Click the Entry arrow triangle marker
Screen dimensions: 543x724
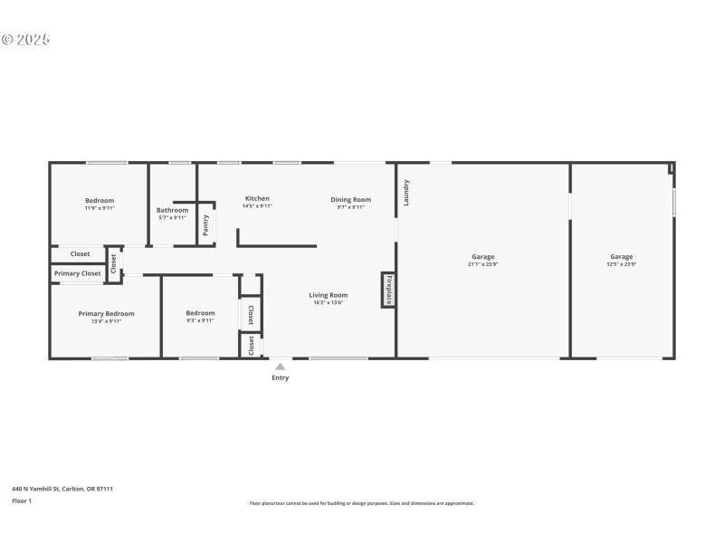[x=281, y=367]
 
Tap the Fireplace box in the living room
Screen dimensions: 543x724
[x=388, y=290]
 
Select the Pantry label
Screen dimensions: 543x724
[x=206, y=225]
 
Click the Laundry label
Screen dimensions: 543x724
[x=406, y=192]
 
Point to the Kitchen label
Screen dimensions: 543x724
[x=257, y=198]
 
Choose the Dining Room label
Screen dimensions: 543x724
[x=350, y=199]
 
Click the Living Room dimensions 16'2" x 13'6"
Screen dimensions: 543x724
[x=329, y=302]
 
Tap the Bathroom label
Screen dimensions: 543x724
[x=172, y=210]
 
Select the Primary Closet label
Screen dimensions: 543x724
[x=78, y=273]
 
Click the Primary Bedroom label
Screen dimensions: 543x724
[x=106, y=313]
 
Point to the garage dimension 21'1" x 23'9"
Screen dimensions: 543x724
[x=482, y=264]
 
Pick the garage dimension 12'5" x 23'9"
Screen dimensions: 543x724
[x=622, y=264]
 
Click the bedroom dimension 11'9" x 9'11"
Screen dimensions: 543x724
[x=100, y=208]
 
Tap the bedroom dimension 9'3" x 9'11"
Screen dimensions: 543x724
[x=200, y=320]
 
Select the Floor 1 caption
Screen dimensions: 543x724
[x=22, y=500]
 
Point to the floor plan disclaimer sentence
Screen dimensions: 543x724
[x=361, y=503]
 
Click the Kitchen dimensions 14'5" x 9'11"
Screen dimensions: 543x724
[x=257, y=206]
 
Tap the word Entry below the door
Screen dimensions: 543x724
[x=281, y=377]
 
